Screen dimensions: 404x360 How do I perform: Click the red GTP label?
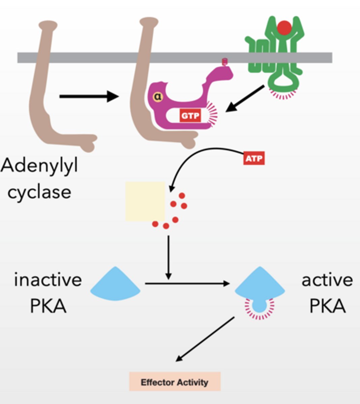point(190,116)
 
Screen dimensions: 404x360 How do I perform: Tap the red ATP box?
point(254,158)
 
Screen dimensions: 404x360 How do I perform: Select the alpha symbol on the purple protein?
point(158,97)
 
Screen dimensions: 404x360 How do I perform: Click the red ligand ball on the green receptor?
point(284,28)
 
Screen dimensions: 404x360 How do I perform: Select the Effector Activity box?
point(175,382)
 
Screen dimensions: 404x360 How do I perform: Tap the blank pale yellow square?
point(145,201)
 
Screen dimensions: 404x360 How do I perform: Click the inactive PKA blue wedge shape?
point(115,284)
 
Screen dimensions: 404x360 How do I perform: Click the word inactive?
point(48,280)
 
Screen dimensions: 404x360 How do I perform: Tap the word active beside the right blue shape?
point(327,280)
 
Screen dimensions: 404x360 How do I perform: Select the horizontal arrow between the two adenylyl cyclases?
point(89,97)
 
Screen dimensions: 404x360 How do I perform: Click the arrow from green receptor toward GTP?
point(244,99)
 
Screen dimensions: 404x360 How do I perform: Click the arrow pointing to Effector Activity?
point(205,339)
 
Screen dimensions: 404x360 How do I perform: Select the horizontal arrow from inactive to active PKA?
point(187,284)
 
